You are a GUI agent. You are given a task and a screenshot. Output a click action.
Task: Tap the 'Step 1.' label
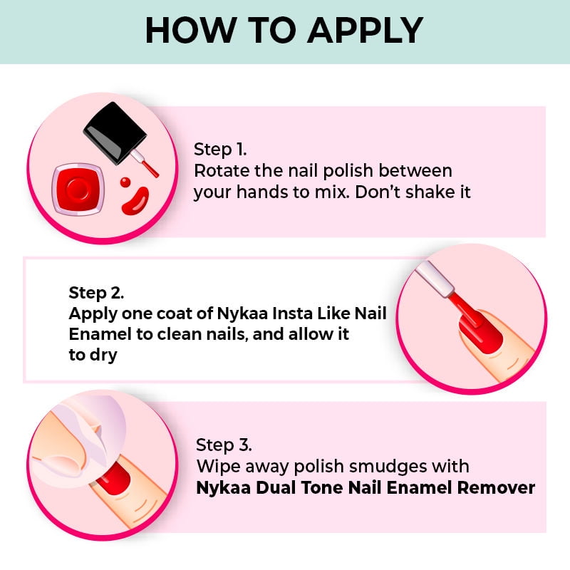(220, 150)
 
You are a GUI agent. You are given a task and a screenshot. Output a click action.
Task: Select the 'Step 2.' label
(96, 292)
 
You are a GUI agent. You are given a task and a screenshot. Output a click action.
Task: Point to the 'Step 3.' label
(224, 445)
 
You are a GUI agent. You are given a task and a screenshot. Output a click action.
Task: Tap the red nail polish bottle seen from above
(78, 189)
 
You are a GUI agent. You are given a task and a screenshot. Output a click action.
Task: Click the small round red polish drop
(125, 182)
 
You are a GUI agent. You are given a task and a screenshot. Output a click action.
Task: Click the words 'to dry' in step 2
(93, 355)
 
